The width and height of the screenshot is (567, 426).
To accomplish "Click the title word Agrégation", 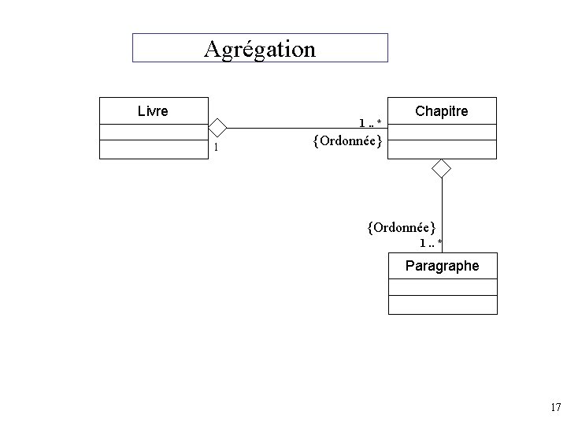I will pos(259,49).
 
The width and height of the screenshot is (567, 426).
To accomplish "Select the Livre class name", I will pos(153,111).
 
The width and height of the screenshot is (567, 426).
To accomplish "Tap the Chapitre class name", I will pos(441,111).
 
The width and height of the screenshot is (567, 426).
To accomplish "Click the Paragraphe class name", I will pos(442,266).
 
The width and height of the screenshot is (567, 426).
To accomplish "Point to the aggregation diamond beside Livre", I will pos(217,128).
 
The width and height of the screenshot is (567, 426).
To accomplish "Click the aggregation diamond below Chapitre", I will pos(442,167).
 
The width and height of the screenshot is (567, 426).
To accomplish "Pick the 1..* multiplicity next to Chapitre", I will pos(370,122).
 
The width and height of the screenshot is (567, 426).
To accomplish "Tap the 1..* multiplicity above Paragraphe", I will pos(431,242).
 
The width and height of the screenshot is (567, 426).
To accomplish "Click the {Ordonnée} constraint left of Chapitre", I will pos(347,141).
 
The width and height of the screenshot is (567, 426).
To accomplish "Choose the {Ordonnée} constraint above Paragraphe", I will pos(401,227).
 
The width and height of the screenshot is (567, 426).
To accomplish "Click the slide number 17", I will pos(555,408).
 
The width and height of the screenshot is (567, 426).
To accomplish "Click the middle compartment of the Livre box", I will pos(154,132).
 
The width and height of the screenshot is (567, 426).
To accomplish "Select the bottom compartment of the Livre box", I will pos(154,150).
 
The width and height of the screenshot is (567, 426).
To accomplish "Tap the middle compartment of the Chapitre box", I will pos(443,132).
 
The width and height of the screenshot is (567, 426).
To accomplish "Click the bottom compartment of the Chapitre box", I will pos(443,150).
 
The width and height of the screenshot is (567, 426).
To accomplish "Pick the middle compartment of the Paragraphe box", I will pos(443,287).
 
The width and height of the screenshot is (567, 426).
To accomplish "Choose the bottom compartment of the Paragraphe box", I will pos(443,305).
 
